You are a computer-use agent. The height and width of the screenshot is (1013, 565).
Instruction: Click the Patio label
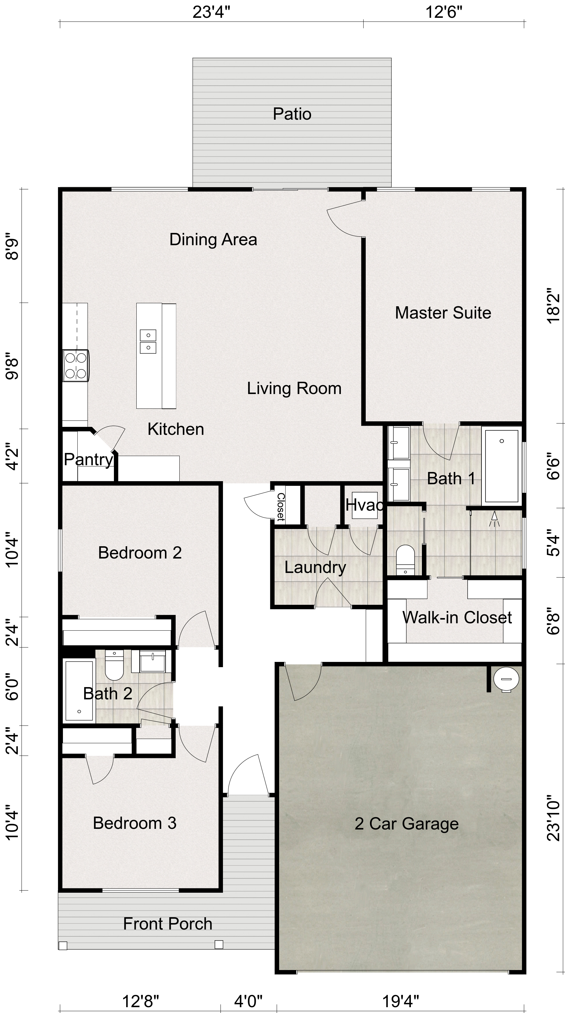[x=292, y=114]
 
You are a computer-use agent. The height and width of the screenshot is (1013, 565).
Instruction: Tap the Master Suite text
[x=443, y=313]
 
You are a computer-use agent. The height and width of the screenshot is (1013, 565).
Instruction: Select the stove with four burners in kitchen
[x=76, y=365]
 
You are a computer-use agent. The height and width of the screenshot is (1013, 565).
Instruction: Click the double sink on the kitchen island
[x=148, y=341]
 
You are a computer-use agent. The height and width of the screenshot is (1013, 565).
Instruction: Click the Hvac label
[x=364, y=505]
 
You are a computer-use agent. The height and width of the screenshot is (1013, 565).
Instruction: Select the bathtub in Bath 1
[x=502, y=466]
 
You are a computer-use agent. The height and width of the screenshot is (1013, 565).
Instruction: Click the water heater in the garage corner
[x=506, y=679]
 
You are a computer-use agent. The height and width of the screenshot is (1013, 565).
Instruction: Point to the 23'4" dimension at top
[x=211, y=13]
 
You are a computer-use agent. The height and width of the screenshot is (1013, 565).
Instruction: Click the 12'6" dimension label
[x=443, y=13]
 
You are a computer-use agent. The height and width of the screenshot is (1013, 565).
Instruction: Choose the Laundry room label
[x=315, y=567]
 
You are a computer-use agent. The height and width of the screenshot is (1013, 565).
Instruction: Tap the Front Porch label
[x=168, y=924]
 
